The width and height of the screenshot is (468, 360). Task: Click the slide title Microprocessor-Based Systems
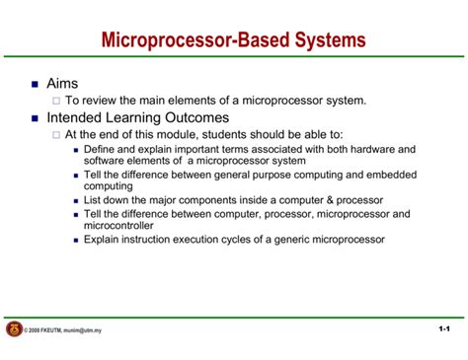pos(234,40)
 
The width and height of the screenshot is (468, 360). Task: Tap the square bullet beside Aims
pos(27,86)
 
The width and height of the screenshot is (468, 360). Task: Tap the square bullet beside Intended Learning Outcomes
pos(27,117)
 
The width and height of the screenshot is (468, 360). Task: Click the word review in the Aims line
pos(104,100)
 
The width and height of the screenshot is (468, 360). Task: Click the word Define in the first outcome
pos(101,149)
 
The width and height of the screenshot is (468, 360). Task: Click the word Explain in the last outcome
pos(103,239)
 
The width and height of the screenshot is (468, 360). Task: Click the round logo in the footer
pos(14,328)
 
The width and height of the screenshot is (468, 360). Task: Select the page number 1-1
pos(443,328)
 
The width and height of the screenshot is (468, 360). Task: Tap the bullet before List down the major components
pos(76,199)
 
